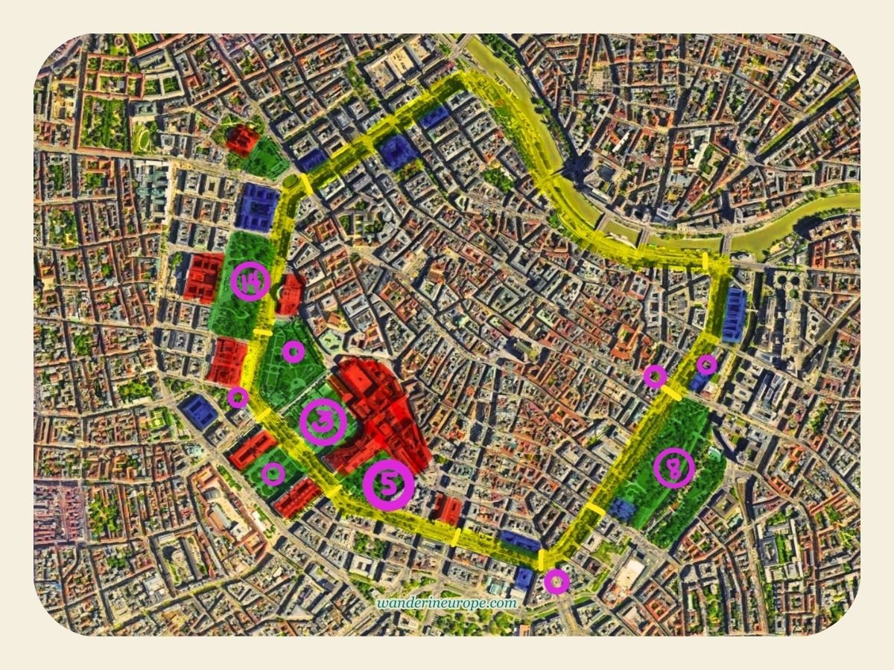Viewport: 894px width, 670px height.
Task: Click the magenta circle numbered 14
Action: [250, 281]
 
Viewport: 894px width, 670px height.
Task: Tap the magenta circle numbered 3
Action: [323, 421]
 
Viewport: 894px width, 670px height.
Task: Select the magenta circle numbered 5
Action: [388, 485]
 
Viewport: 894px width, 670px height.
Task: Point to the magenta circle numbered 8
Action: [673, 468]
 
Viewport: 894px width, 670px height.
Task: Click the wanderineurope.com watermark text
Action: [446, 603]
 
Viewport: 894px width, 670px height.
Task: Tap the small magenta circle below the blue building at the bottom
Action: [557, 581]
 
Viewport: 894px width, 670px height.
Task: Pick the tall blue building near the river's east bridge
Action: [734, 315]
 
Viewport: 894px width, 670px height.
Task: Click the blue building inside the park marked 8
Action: [621, 509]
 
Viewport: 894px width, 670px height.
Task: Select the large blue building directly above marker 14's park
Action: [257, 206]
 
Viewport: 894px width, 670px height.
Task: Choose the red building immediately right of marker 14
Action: [291, 293]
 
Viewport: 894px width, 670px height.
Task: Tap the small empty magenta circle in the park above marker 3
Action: [294, 351]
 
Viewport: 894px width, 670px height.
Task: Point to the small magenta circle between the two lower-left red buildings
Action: [273, 473]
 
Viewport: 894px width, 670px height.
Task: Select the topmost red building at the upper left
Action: [242, 139]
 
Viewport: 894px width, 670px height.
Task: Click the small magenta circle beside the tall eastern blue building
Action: [706, 364]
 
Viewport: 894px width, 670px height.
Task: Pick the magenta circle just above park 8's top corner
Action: [654, 377]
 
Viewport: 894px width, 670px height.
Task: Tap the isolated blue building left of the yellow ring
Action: [197, 411]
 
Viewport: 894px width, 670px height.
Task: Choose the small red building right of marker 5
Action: [448, 510]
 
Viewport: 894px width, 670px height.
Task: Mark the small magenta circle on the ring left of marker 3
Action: [238, 398]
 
